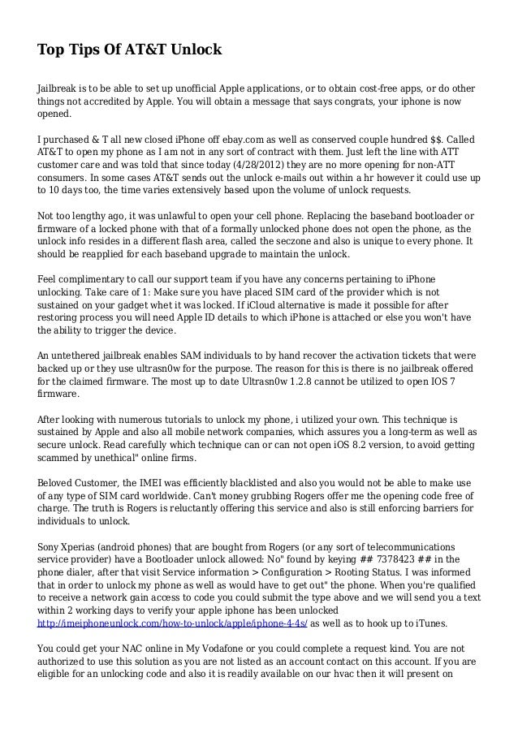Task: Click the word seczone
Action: click(x=311, y=242)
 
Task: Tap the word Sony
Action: click(x=50, y=547)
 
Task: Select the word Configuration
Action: click(x=295, y=573)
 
